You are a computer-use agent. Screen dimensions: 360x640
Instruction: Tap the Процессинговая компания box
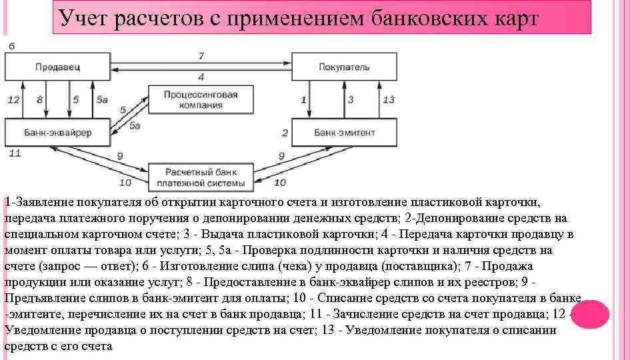(201, 100)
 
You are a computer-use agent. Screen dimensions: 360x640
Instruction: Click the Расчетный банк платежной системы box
(201, 176)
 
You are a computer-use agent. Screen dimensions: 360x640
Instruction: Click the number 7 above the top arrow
(201, 55)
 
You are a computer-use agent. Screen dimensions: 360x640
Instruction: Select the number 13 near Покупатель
(389, 99)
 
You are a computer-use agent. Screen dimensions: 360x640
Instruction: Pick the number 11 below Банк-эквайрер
(15, 153)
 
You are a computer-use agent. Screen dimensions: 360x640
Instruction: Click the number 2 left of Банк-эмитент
(285, 133)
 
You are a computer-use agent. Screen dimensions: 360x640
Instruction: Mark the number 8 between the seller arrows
(39, 99)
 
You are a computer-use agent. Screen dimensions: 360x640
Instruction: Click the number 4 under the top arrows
(201, 77)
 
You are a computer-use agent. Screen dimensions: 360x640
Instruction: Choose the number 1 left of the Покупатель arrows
(303, 99)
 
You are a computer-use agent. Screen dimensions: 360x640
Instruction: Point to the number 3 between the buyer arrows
(351, 99)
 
